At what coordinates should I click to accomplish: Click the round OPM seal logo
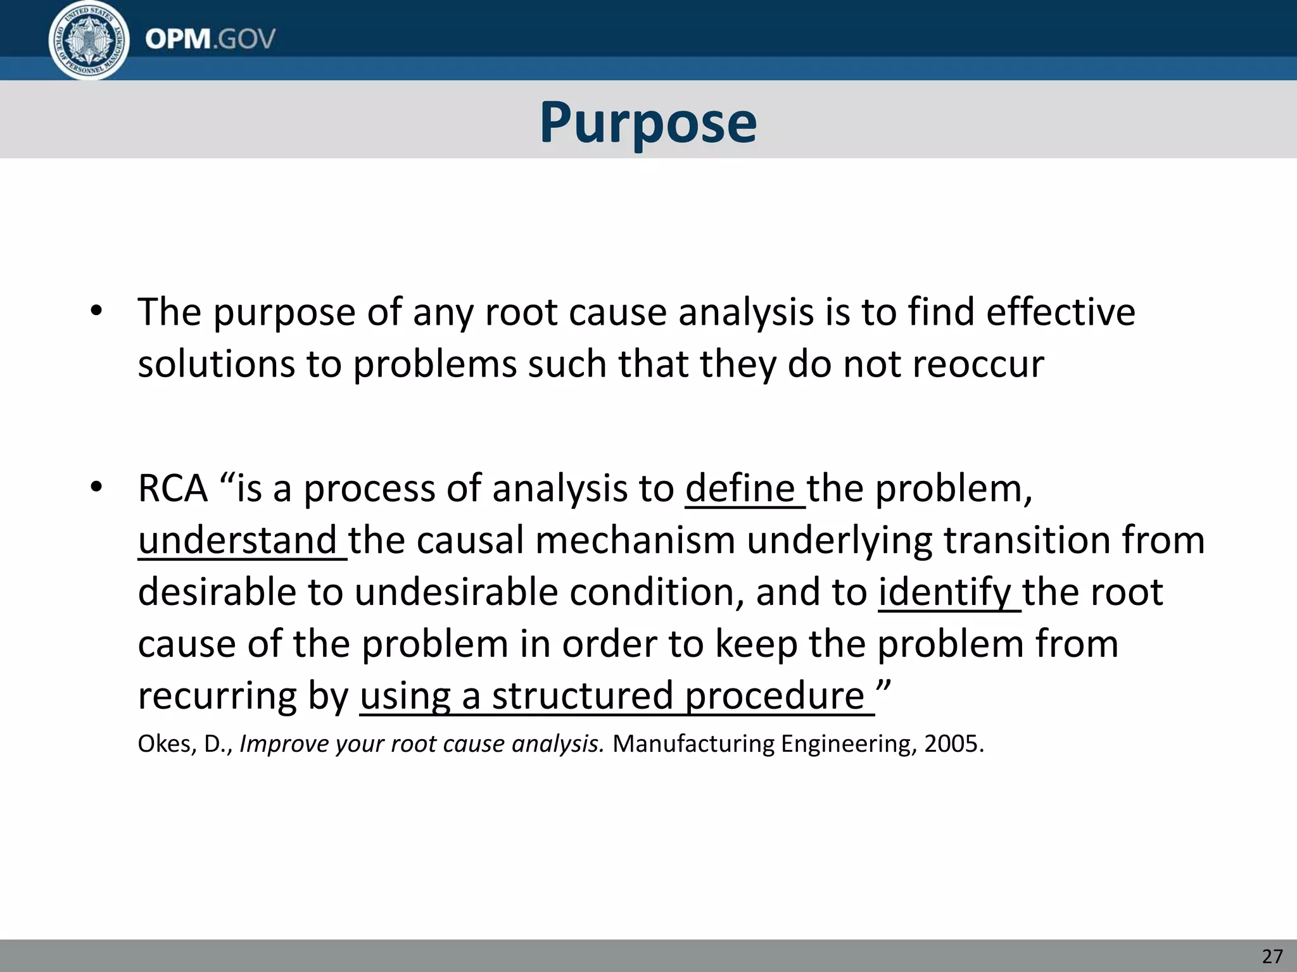(x=89, y=40)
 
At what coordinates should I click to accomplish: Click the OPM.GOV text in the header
(x=210, y=39)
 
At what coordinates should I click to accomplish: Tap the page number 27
(x=1272, y=956)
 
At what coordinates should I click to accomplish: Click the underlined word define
(x=740, y=489)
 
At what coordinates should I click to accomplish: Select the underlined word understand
(x=237, y=541)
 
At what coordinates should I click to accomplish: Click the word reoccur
(x=975, y=365)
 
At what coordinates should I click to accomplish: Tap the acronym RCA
(x=173, y=489)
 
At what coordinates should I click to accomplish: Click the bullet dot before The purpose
(x=96, y=311)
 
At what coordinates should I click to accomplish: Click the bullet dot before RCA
(x=96, y=487)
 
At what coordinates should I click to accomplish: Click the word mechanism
(x=635, y=541)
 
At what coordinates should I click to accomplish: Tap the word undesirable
(x=456, y=593)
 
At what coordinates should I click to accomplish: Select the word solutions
(x=216, y=365)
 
